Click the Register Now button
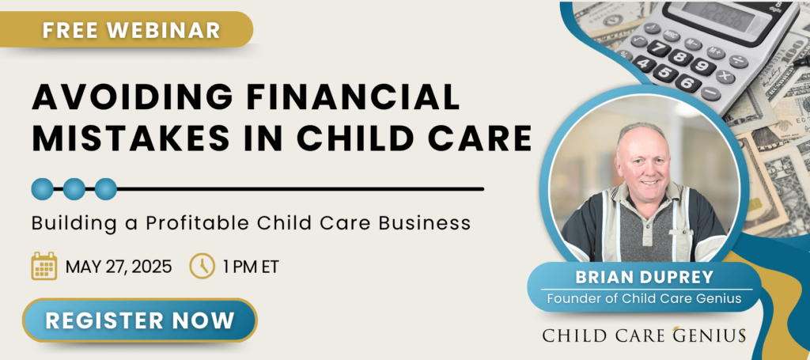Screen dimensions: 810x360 (x=139, y=320)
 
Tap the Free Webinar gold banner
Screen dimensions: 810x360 (x=127, y=29)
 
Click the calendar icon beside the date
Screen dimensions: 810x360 (x=44, y=266)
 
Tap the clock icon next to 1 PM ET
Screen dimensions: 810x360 (x=202, y=266)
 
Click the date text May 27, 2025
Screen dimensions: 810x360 (x=119, y=267)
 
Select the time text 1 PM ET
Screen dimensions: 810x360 (x=251, y=267)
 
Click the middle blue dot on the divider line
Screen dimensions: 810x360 (x=74, y=189)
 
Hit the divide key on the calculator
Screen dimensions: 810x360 (x=739, y=61)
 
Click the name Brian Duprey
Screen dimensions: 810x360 (x=645, y=278)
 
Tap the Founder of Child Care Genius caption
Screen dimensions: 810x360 (x=644, y=298)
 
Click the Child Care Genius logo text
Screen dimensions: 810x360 (x=644, y=335)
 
